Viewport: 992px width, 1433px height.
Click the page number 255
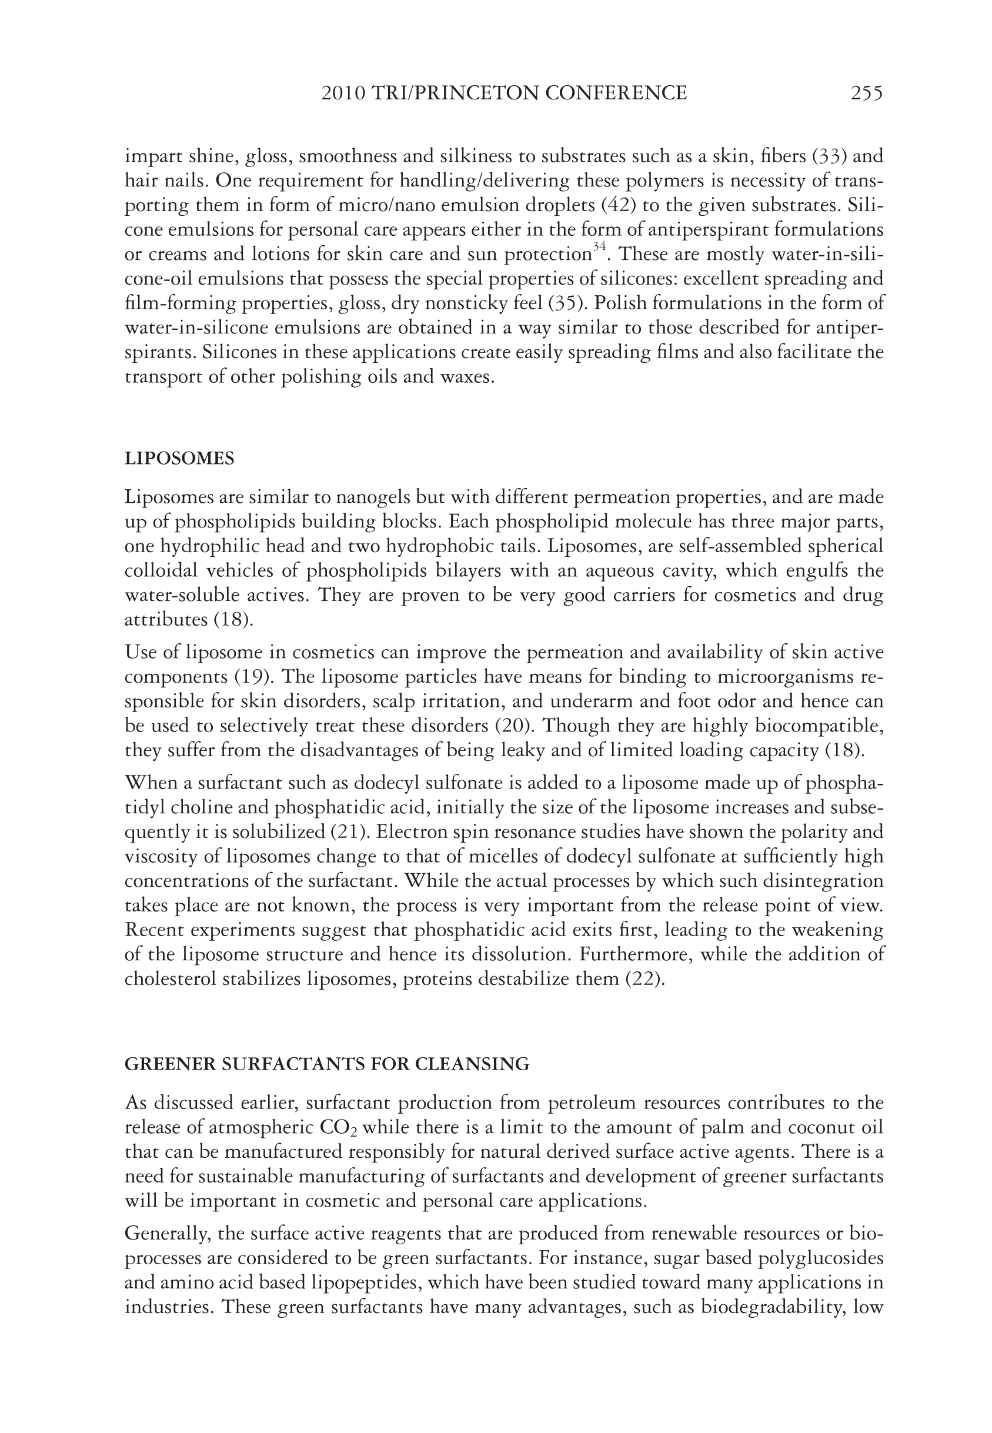[866, 93]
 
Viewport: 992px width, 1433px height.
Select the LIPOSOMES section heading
[179, 459]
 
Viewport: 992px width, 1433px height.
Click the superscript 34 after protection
[599, 248]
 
